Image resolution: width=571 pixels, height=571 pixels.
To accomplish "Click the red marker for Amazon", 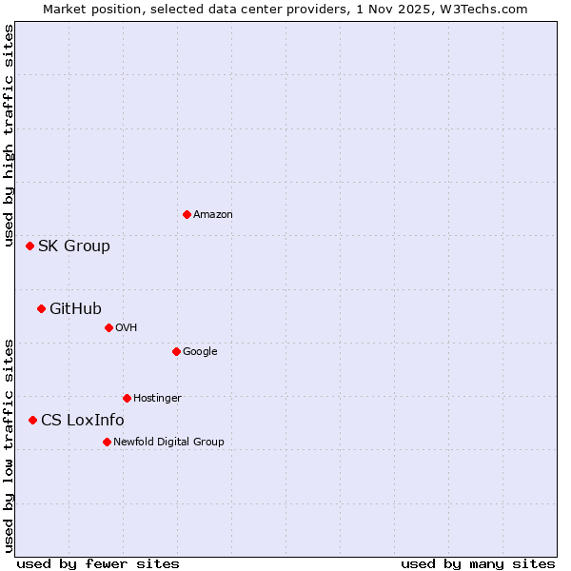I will click(187, 214).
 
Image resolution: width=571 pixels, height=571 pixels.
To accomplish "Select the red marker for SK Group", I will click(30, 246).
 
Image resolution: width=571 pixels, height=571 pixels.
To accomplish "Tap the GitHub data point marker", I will click(41, 308).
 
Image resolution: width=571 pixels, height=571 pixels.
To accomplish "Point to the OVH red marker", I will click(108, 327).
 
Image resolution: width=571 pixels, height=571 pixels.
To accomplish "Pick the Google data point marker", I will click(176, 351).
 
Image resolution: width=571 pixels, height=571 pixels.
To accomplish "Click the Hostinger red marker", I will click(127, 398).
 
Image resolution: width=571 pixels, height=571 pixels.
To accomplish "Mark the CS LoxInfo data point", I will click(32, 420).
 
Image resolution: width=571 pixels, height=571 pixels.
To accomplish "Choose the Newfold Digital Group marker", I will click(107, 442).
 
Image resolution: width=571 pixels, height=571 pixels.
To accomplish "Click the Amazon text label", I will click(213, 215).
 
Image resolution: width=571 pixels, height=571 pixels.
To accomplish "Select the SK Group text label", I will click(74, 246).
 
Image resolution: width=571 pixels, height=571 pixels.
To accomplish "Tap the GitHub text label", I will click(75, 308).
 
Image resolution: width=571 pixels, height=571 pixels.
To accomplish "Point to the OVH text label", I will click(127, 328).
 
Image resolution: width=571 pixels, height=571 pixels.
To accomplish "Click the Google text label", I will click(200, 352).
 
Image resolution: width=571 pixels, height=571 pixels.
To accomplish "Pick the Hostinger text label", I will click(157, 399).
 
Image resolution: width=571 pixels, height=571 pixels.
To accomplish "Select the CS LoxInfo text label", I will click(83, 421).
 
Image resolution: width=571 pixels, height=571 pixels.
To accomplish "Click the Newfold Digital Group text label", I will click(168, 443).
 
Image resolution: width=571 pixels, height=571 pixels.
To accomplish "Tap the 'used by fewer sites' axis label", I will click(98, 563).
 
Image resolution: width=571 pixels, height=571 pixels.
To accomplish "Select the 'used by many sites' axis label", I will click(478, 563).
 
